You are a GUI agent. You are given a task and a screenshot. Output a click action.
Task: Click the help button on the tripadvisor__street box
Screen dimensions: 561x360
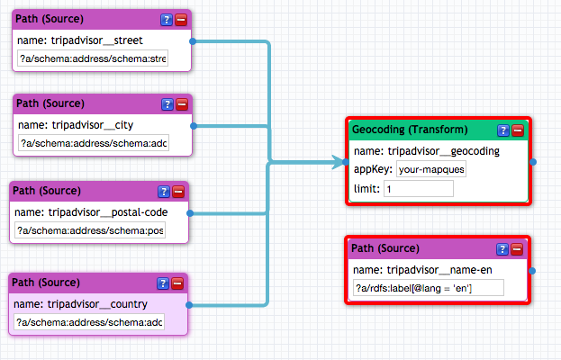coord(167,20)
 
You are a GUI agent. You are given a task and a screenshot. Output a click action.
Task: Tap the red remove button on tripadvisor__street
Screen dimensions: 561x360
coord(181,20)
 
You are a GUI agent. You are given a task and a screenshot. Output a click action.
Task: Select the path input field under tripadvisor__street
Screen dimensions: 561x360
coord(93,58)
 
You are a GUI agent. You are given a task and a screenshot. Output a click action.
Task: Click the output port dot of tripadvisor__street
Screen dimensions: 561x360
coord(193,41)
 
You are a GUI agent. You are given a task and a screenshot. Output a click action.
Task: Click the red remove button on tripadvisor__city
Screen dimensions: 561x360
coord(182,104)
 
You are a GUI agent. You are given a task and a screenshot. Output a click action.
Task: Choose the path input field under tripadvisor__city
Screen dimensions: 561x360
coord(94,143)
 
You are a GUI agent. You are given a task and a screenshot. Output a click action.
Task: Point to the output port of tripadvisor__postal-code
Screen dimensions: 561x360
coord(190,213)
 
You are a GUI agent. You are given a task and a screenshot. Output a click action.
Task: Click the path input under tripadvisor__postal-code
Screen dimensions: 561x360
coord(90,230)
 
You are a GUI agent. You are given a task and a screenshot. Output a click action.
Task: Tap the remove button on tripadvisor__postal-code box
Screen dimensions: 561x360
coord(178,192)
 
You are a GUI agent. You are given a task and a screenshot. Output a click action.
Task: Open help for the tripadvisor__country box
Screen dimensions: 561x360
coord(163,283)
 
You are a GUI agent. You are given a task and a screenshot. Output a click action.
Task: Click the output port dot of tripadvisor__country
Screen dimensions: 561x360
coord(189,305)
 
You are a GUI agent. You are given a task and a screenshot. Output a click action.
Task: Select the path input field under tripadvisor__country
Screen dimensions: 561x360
coord(89,322)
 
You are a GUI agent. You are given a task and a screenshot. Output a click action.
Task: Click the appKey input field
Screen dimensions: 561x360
coord(431,169)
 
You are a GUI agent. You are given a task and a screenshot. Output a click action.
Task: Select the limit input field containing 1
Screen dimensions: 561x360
coord(419,188)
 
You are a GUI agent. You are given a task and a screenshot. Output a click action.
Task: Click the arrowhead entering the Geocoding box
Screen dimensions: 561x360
coord(338,162)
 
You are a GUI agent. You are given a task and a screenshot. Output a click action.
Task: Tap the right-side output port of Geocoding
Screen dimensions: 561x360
coord(533,162)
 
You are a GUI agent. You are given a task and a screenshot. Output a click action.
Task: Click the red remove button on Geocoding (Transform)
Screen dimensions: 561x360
coord(518,130)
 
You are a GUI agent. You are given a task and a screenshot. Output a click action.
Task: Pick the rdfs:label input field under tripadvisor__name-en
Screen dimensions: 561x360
coord(429,288)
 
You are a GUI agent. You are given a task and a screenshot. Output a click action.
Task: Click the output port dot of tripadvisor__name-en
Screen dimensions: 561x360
coord(532,271)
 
